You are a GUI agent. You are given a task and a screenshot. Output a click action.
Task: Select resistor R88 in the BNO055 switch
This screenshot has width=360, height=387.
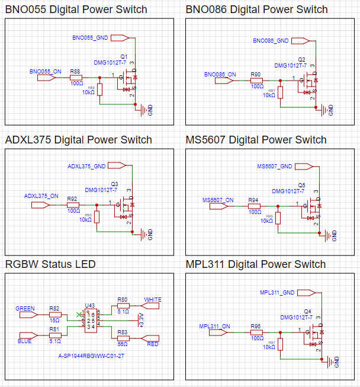[76, 77]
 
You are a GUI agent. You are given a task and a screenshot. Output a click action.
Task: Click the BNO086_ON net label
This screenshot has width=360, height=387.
[220, 75]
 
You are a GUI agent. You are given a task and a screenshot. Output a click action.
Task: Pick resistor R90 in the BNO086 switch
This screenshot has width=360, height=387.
[256, 80]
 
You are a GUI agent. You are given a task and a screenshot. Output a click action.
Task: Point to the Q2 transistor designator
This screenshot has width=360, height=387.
[301, 60]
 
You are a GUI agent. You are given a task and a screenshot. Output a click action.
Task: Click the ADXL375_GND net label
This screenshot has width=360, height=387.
[86, 166]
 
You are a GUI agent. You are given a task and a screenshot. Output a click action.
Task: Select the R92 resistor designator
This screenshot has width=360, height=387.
[72, 199]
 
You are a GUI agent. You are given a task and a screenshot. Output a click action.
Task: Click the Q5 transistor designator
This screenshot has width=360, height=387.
[301, 185]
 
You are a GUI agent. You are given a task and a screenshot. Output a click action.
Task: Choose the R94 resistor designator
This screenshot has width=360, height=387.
[254, 200]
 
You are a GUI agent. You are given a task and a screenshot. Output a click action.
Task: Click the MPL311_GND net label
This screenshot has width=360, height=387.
[277, 292]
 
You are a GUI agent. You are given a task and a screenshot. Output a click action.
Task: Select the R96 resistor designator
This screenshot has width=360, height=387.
[256, 326]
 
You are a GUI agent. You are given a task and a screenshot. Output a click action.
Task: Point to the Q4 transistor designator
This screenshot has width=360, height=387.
[307, 311]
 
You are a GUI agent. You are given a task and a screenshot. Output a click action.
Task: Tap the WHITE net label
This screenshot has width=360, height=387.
[153, 299]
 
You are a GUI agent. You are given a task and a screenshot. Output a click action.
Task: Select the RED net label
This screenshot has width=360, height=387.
[152, 343]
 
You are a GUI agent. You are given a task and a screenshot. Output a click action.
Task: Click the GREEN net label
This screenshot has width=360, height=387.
[25, 308]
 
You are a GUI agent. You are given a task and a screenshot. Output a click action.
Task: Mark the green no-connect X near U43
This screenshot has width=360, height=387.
[79, 314]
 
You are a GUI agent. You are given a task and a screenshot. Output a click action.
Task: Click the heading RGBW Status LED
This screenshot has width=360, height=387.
[50, 264]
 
